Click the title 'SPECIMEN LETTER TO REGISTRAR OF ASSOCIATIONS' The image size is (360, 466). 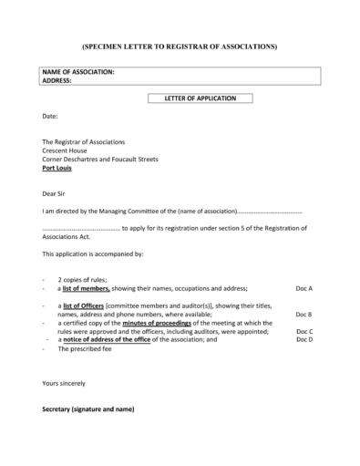(179, 45)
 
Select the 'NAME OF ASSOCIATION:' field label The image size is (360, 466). (78, 72)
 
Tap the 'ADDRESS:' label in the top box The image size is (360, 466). (57, 80)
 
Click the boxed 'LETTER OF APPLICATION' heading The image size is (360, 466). (200, 98)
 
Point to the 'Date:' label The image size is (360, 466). (50, 117)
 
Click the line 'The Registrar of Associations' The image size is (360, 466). (83, 142)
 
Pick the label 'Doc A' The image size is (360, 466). (304, 288)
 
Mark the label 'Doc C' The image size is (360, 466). (304, 331)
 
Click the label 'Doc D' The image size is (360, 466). (304, 339)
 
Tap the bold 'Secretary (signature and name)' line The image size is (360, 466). (88, 409)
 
